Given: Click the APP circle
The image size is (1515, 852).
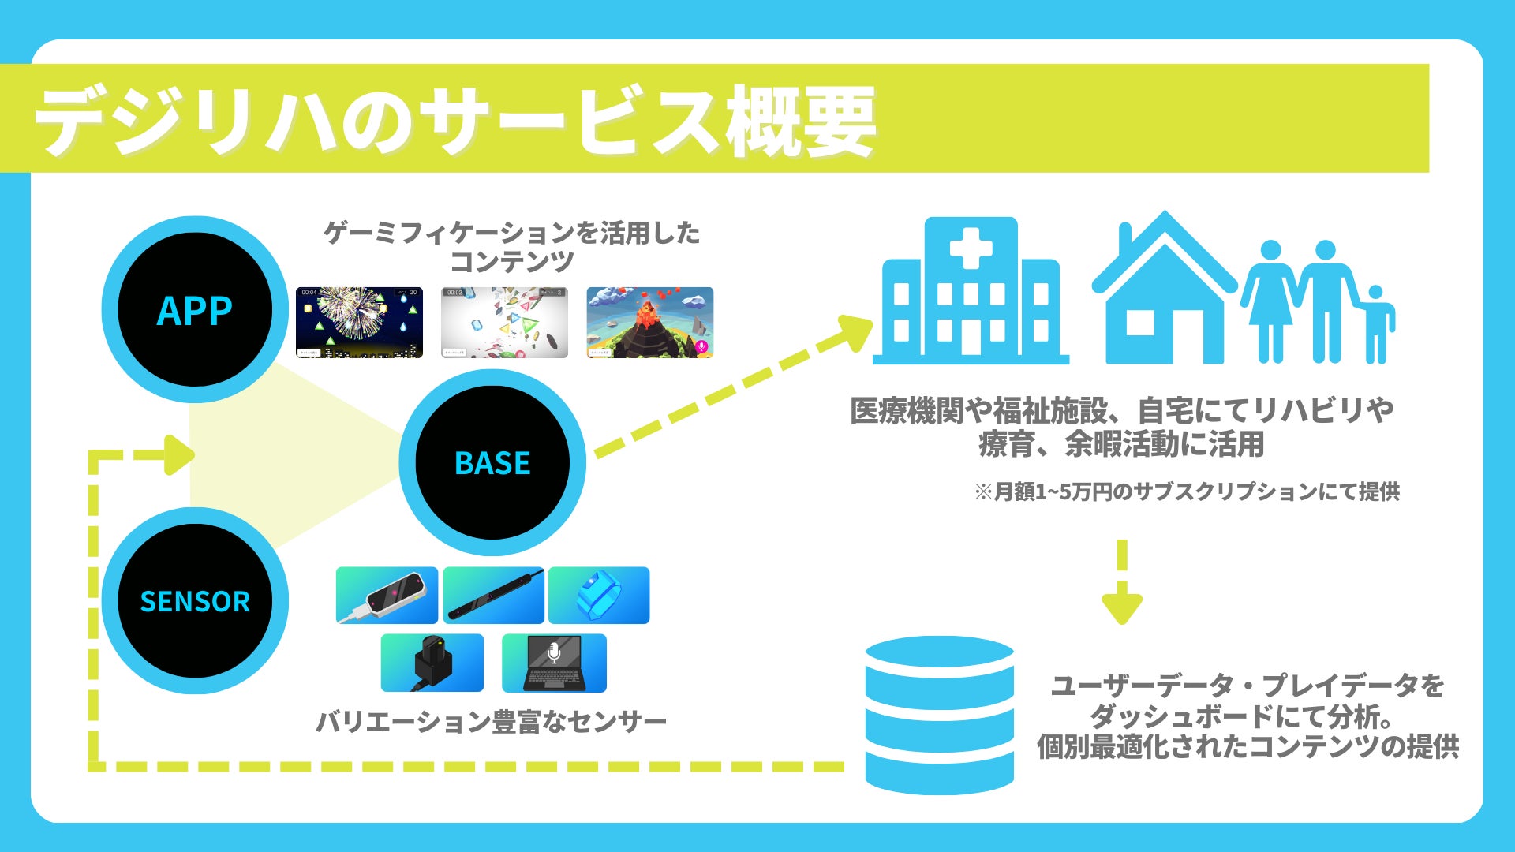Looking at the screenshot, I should (195, 309).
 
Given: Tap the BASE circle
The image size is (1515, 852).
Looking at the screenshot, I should (492, 462).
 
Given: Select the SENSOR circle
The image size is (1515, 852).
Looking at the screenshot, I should (195, 601).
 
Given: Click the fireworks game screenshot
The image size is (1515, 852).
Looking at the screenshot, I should (359, 323).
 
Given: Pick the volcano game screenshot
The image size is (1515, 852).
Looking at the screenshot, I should (649, 323).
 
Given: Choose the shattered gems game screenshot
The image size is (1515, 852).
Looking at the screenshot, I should (504, 323).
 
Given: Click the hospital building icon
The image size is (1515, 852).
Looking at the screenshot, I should (971, 292).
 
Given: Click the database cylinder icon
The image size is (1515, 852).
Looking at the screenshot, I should (939, 714).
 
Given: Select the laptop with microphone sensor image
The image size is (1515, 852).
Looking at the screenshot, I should (554, 663).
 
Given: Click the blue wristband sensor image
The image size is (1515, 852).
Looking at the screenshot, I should (599, 596).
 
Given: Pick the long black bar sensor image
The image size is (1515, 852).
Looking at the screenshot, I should (493, 596).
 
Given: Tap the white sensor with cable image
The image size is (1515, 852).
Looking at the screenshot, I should (387, 596).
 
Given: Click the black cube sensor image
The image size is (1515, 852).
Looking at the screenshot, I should (432, 663).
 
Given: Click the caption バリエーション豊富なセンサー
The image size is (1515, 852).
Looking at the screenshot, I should (491, 721).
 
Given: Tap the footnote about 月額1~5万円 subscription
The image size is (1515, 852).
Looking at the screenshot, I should (1188, 491).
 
